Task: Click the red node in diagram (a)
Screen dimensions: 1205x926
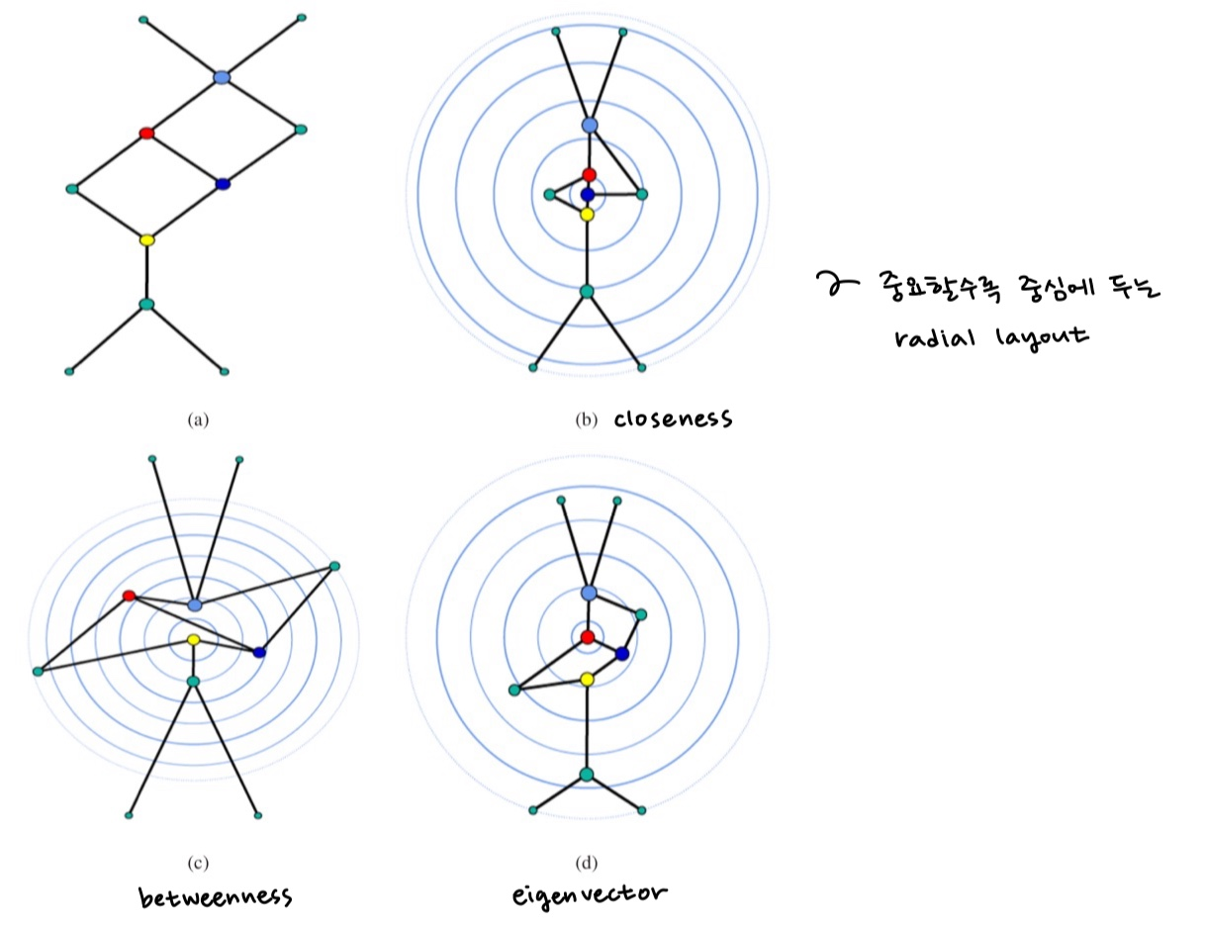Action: (x=146, y=133)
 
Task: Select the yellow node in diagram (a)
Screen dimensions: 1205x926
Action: (x=146, y=239)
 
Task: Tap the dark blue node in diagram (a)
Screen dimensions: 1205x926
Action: (x=223, y=184)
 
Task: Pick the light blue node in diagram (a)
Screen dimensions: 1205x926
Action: (x=222, y=76)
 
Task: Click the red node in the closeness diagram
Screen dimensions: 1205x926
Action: (x=589, y=175)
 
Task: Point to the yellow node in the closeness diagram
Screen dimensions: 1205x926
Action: (x=587, y=214)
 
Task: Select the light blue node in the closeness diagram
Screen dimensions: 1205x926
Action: (x=590, y=125)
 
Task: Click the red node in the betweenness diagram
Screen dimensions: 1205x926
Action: (x=129, y=596)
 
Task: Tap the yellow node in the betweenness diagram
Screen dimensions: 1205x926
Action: (x=193, y=640)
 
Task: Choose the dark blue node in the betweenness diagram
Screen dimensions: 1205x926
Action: (x=259, y=652)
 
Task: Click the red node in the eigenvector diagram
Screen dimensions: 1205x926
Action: (x=588, y=636)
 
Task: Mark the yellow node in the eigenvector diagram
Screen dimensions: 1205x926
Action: (x=587, y=679)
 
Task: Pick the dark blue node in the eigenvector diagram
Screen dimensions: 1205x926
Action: (x=622, y=654)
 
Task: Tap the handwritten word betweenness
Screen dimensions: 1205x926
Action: (x=215, y=897)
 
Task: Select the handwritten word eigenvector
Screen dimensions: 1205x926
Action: (x=590, y=896)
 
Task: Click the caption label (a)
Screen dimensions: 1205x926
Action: (x=198, y=419)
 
